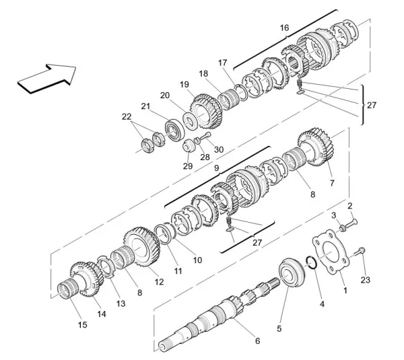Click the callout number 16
[284, 28]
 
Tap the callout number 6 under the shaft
[257, 341]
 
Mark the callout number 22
[126, 116]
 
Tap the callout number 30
[219, 149]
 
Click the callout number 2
[349, 205]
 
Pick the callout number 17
[222, 63]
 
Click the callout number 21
[145, 106]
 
